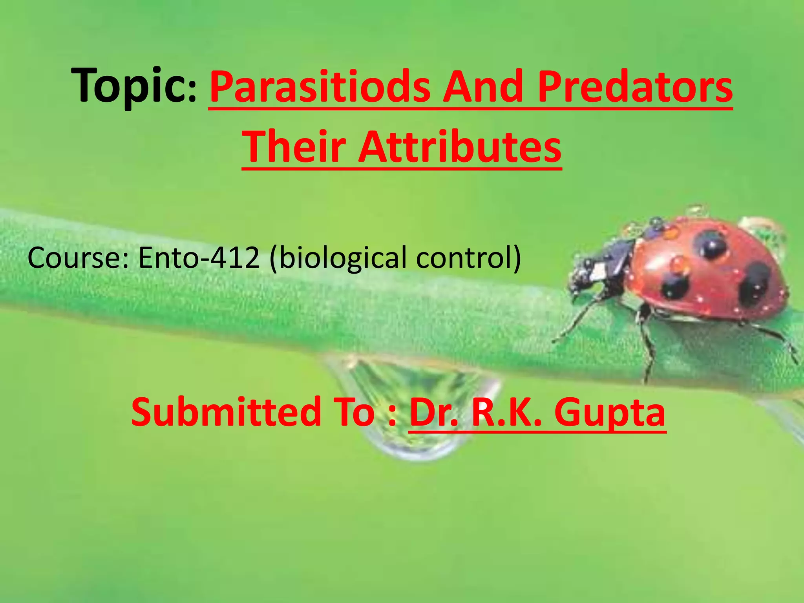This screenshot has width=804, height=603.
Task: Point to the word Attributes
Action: pos(459,147)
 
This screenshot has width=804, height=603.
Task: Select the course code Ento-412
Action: pos(199,258)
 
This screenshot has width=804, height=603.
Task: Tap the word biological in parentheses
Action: pos(338,258)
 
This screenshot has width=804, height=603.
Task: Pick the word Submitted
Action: pos(226,412)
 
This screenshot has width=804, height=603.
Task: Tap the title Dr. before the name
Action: pos(433,412)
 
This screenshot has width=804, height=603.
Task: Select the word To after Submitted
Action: pos(355,412)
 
